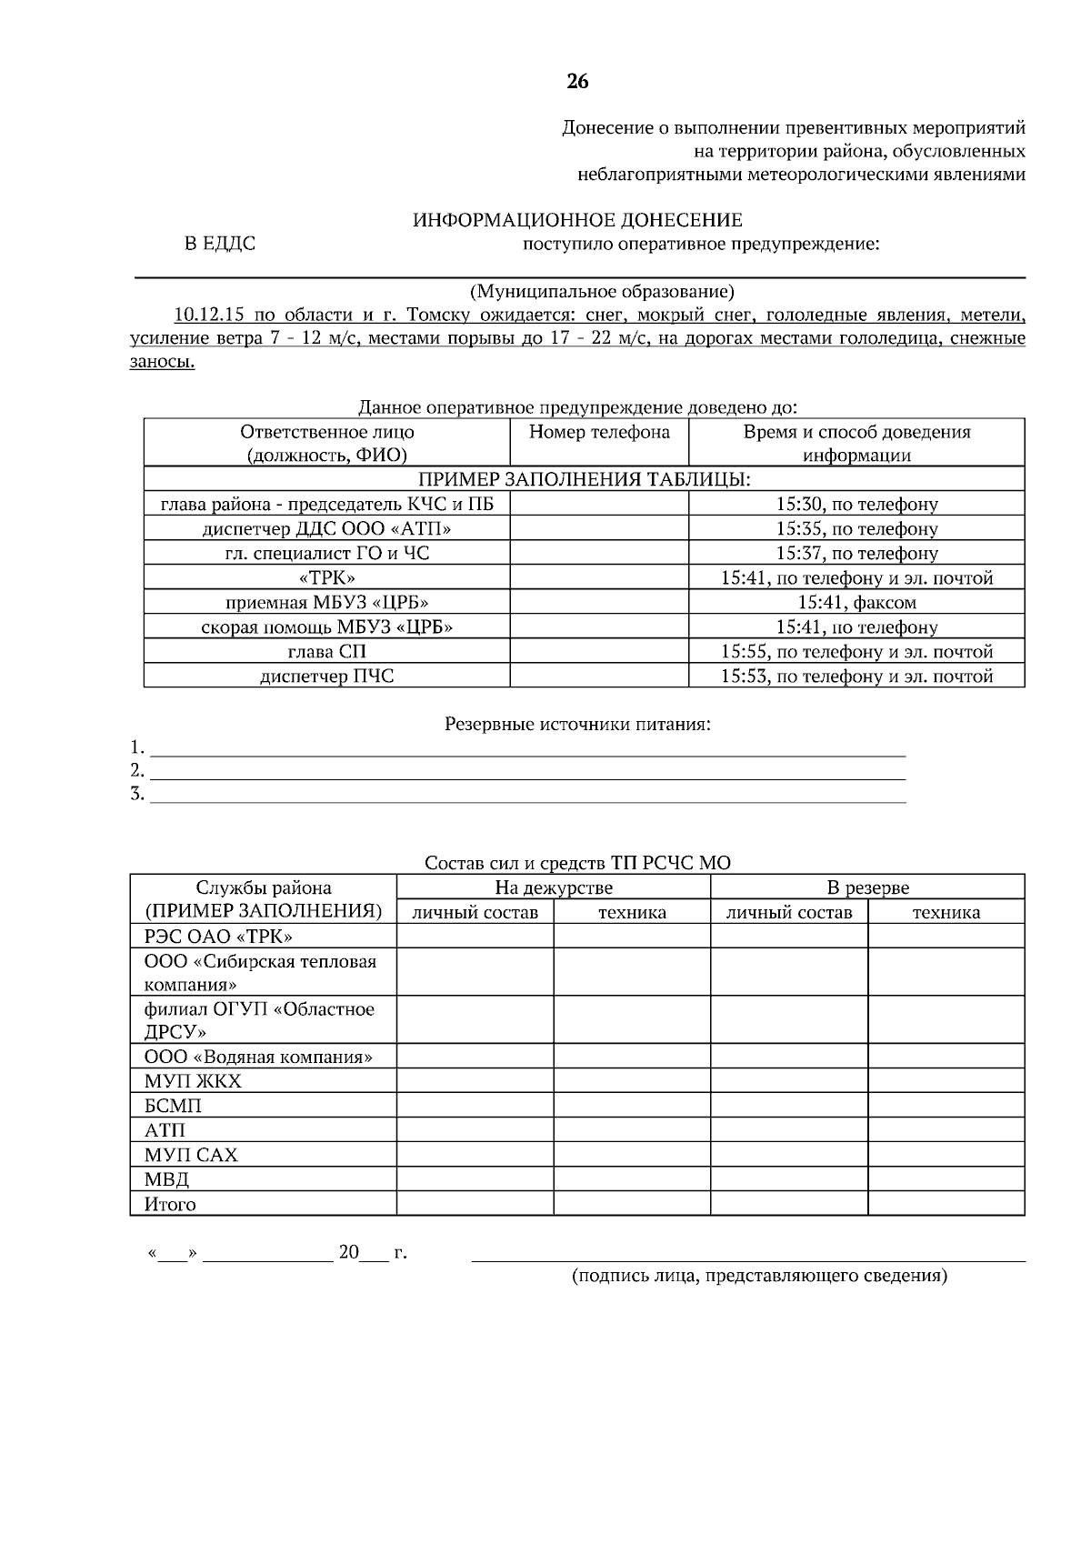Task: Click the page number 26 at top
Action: coord(577,82)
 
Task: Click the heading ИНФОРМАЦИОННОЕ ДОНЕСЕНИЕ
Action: coord(577,220)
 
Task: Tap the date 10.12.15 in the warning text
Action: coord(209,316)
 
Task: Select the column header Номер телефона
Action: coord(599,432)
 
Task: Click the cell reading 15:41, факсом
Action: coord(856,602)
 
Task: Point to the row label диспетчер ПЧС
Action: coord(326,676)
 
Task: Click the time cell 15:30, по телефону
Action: coord(856,504)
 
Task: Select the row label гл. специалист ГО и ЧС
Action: coord(326,553)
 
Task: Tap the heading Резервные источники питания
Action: coord(577,725)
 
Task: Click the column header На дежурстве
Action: coord(553,887)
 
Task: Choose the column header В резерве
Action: coord(867,887)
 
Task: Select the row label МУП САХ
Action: coord(191,1155)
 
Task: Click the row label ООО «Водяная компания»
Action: coord(259,1057)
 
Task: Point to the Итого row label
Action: coord(170,1204)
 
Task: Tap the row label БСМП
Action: coord(173,1106)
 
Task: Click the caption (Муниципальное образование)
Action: coord(601,292)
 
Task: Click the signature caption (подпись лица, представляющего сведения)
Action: coord(759,1276)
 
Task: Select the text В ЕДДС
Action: coord(220,244)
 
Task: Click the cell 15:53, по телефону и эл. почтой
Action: coord(856,676)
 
